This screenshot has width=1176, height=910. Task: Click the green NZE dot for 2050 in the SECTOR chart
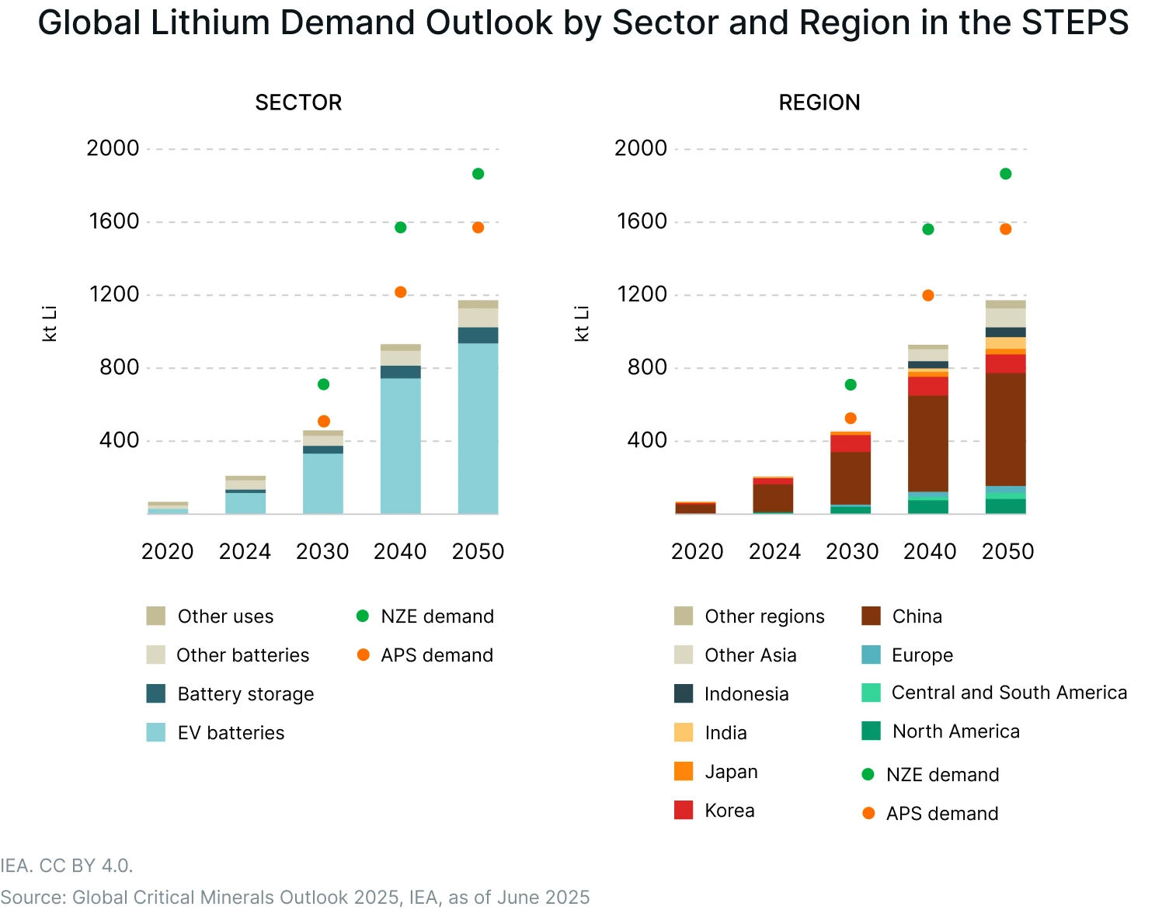[x=478, y=174]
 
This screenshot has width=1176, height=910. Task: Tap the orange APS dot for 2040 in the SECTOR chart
[x=400, y=293]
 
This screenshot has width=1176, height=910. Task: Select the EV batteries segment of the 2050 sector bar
[x=478, y=428]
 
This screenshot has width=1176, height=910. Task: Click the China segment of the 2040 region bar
[x=927, y=443]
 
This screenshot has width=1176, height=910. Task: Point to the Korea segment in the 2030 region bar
[x=851, y=443]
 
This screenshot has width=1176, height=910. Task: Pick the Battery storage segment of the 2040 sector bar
[x=400, y=372]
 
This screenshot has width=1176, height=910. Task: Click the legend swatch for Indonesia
[x=684, y=693]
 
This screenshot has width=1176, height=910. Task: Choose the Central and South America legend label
[x=1008, y=693]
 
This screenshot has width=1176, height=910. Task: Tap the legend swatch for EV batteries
[x=156, y=732]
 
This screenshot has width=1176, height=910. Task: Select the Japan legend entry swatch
[x=684, y=771]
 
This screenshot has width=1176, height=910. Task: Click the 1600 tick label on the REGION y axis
[x=642, y=221]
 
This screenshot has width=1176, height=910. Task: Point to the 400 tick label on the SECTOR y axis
[x=119, y=440]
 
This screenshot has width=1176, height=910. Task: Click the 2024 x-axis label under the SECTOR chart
[x=245, y=551]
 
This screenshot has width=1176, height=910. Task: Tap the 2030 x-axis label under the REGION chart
[x=852, y=551]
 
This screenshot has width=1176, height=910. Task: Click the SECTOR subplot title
[x=298, y=102]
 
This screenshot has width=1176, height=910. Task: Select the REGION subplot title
[x=819, y=102]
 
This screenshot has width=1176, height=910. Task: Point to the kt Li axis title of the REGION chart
[x=582, y=324]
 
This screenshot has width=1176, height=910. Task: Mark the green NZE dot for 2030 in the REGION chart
[x=851, y=385]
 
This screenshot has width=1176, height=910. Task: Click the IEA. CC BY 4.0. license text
[x=67, y=866]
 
